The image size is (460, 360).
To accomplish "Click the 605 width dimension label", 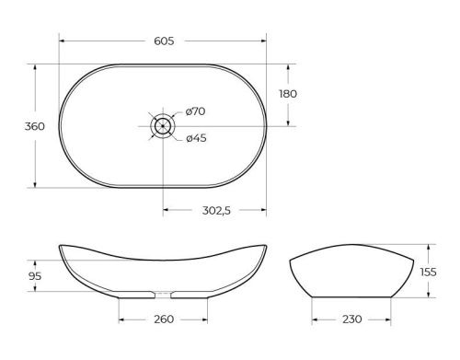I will click(164, 41).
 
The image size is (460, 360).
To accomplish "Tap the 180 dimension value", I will click(289, 94).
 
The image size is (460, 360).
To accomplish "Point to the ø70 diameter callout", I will click(195, 111).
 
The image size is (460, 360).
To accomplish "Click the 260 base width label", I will click(164, 319).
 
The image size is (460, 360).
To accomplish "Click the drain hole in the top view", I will click(163, 126).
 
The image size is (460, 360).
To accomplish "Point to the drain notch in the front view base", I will click(164, 297).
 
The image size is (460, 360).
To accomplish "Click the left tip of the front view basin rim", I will click(59, 245).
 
